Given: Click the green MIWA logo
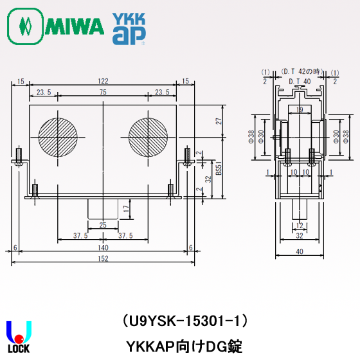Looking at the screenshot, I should tap(55, 26).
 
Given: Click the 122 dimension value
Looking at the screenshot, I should tap(103, 81).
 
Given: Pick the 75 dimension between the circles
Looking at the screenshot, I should tap(103, 93).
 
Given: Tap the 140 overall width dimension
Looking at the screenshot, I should tap(103, 248).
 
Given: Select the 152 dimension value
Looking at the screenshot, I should tap(103, 258).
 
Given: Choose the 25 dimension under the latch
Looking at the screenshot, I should tap(103, 224).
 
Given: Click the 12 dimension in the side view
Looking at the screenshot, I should tap(299, 224).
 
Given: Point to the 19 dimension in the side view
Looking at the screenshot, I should tap(300, 111).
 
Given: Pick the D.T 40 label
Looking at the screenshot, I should tap(299, 81).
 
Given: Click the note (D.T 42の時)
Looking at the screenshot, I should tap(299, 71).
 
